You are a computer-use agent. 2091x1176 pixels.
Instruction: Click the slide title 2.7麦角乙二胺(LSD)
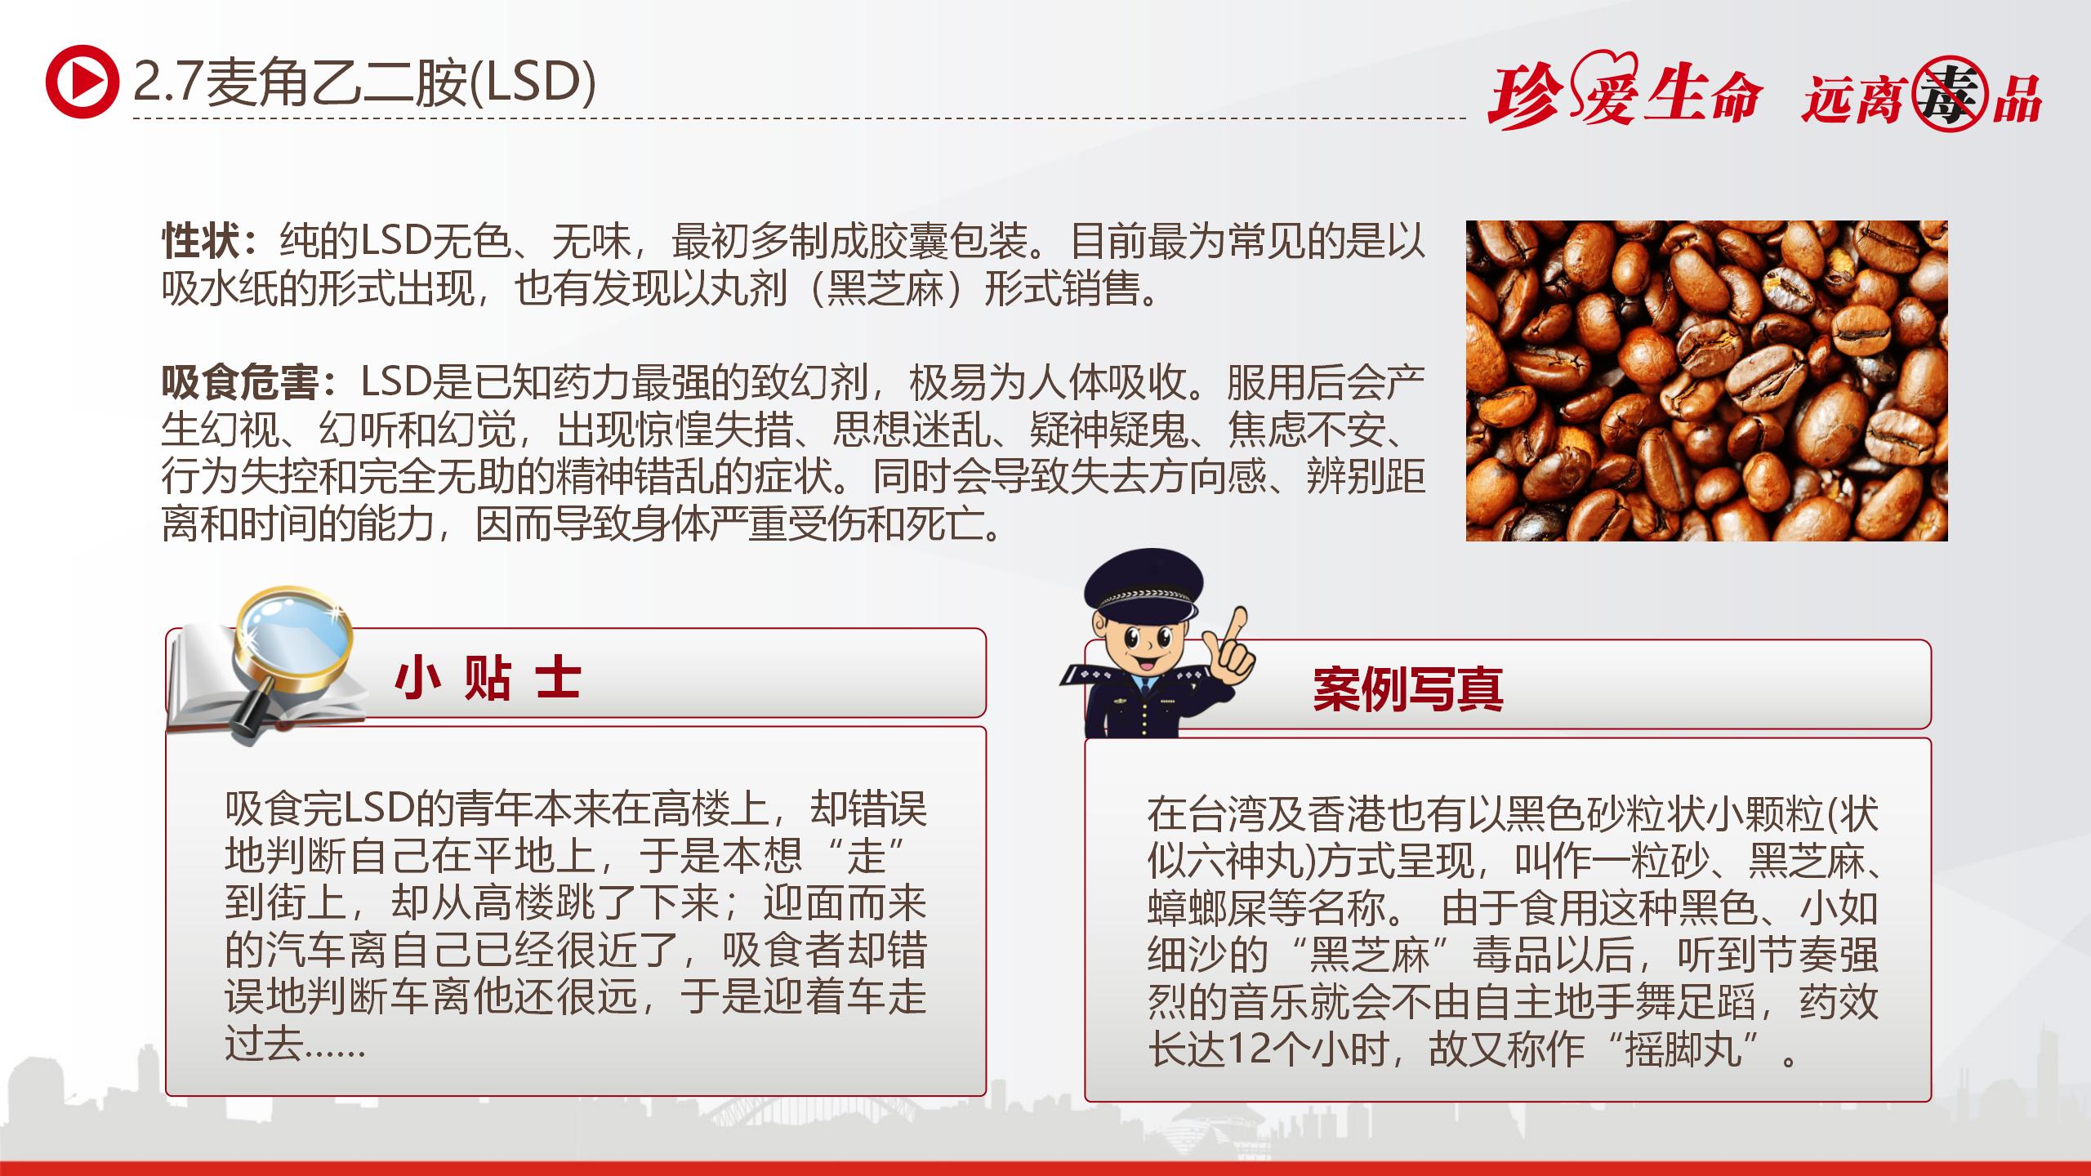[364, 82]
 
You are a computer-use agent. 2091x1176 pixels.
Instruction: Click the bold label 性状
[202, 241]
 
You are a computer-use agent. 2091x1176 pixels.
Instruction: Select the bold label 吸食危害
[241, 382]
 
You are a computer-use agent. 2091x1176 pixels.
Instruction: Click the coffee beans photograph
[1706, 381]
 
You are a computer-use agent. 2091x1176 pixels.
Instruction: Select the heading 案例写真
[1407, 689]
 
